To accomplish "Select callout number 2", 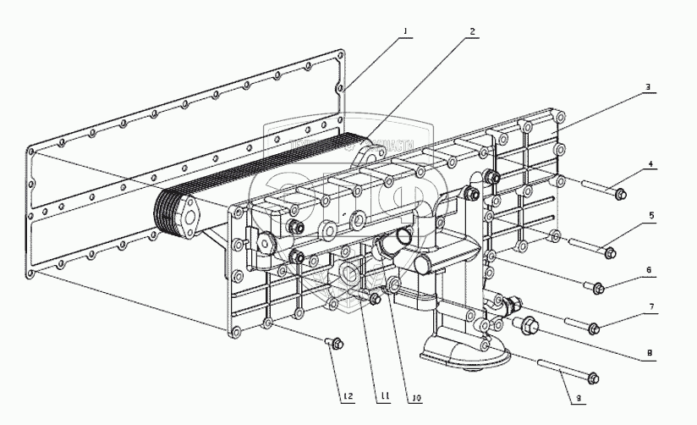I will point(473,31).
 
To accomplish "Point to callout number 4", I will point(650,164).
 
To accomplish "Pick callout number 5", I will point(651,216).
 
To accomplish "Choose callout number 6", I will point(649,270).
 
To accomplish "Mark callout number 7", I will point(650,306).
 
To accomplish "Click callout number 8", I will point(649,352).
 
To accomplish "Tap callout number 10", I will point(417,395).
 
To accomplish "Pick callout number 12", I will point(348,395).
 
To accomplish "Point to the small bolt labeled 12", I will point(335,342).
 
